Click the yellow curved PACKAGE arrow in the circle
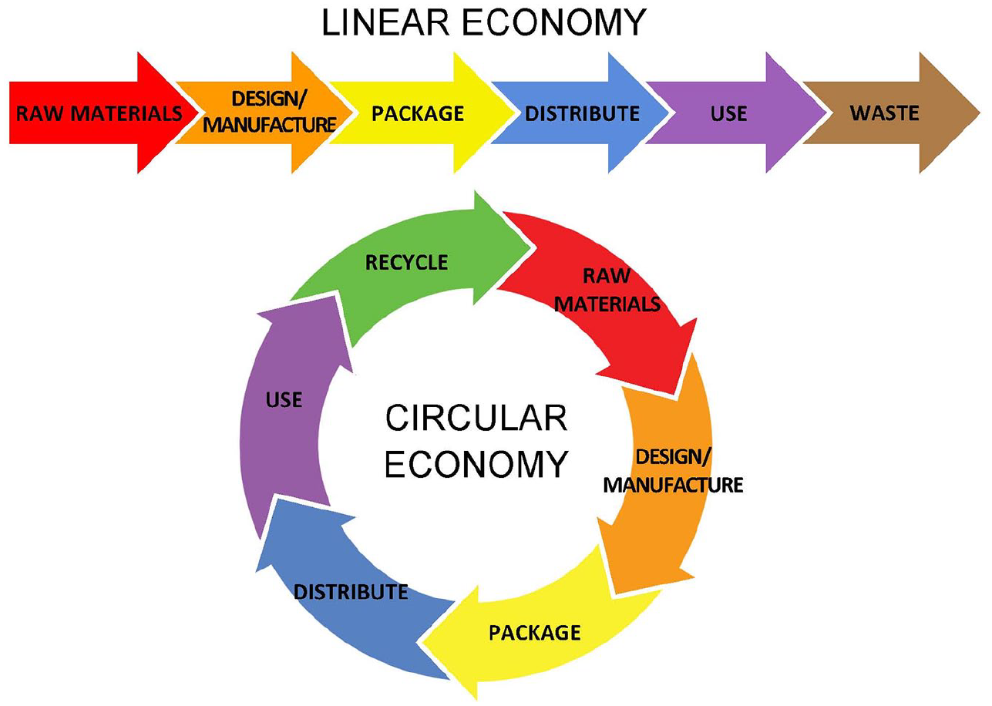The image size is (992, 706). click(x=536, y=633)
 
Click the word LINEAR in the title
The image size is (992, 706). click(x=385, y=22)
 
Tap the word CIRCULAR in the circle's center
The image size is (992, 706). click(x=476, y=418)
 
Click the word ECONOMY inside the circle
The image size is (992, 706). click(x=476, y=464)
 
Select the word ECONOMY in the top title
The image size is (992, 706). click(x=554, y=22)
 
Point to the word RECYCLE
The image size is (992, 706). click(x=406, y=262)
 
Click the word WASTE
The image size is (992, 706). click(x=884, y=113)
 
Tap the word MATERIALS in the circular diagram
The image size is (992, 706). click(x=607, y=304)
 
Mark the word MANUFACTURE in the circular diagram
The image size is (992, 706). click(x=673, y=485)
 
